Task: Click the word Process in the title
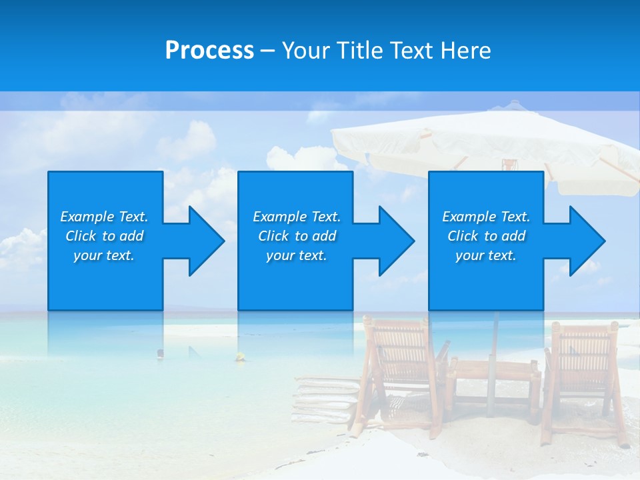pos(209,51)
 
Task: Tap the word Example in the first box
pos(87,217)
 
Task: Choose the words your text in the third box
pos(485,255)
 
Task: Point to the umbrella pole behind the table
pos(494,340)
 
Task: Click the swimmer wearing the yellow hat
pos(239,358)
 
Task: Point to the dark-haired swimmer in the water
pos(160,353)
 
